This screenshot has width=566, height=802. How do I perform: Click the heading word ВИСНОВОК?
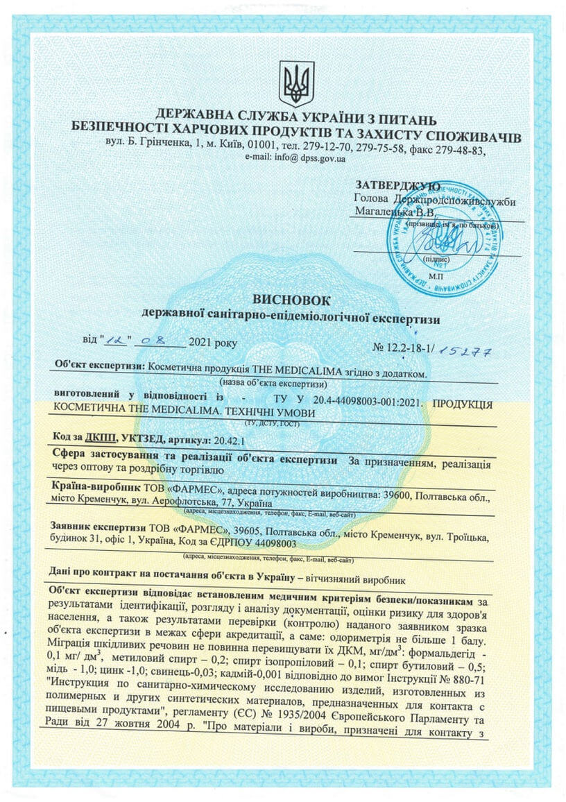291,300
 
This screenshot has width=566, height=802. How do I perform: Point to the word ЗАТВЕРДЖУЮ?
397,186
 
